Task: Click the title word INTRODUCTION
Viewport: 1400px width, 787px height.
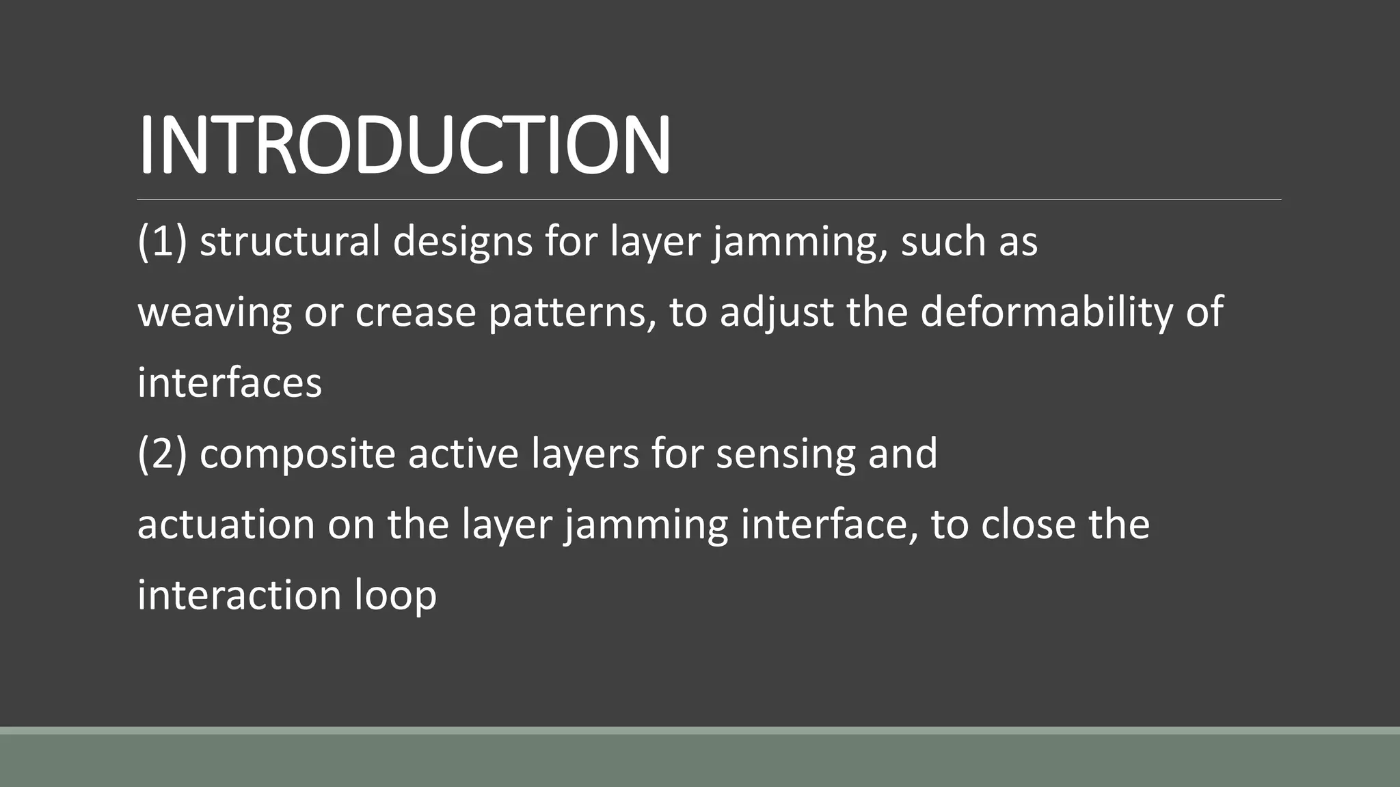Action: click(404, 145)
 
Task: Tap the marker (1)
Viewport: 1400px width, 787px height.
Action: click(162, 242)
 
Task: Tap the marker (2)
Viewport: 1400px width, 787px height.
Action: click(162, 454)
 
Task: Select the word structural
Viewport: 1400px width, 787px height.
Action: click(290, 242)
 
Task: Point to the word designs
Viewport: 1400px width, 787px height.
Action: click(463, 242)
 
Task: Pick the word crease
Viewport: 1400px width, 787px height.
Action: click(416, 313)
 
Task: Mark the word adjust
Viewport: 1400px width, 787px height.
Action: click(777, 313)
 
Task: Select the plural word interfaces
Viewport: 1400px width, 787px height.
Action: click(230, 383)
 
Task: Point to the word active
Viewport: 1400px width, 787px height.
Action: click(463, 454)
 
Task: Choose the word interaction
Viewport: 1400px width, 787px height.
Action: click(239, 596)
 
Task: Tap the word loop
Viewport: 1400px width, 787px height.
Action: click(396, 596)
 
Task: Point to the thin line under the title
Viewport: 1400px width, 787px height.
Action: click(709, 199)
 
